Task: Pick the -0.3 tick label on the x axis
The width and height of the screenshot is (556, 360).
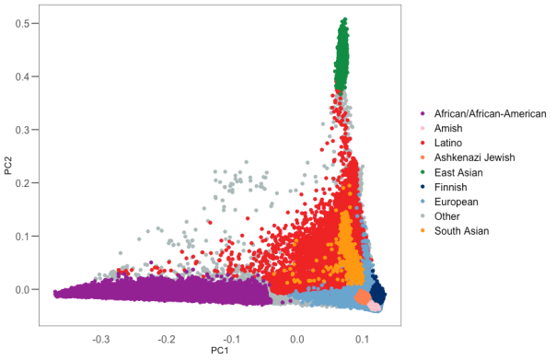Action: (x=100, y=338)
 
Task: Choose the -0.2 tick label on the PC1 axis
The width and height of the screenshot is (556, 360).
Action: (x=166, y=338)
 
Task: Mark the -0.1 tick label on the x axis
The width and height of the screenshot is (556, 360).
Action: (x=231, y=338)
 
